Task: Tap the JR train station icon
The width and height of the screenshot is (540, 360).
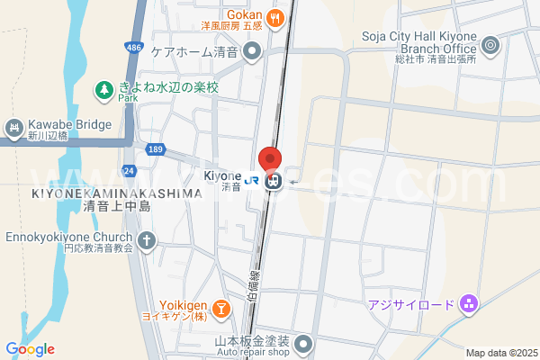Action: pyautogui.click(x=274, y=182)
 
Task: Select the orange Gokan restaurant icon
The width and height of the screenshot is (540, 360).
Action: pyautogui.click(x=278, y=15)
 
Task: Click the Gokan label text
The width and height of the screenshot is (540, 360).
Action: pyautogui.click(x=243, y=14)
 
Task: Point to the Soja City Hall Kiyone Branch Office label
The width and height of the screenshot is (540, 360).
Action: pyautogui.click(x=418, y=41)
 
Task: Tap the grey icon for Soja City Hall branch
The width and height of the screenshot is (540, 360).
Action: pyautogui.click(x=490, y=42)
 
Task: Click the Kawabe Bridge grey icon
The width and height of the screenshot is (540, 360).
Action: pyautogui.click(x=13, y=128)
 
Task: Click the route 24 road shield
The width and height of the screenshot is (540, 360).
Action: pyautogui.click(x=130, y=169)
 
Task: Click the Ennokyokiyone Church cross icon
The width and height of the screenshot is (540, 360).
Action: pyautogui.click(x=147, y=241)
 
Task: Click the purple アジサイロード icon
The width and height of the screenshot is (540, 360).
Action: pyautogui.click(x=468, y=305)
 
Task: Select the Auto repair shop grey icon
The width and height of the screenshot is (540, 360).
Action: pyautogui.click(x=303, y=343)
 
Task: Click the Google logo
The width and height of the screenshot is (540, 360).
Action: pyautogui.click(x=30, y=349)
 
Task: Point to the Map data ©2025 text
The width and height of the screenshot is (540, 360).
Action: pyautogui.click(x=500, y=353)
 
